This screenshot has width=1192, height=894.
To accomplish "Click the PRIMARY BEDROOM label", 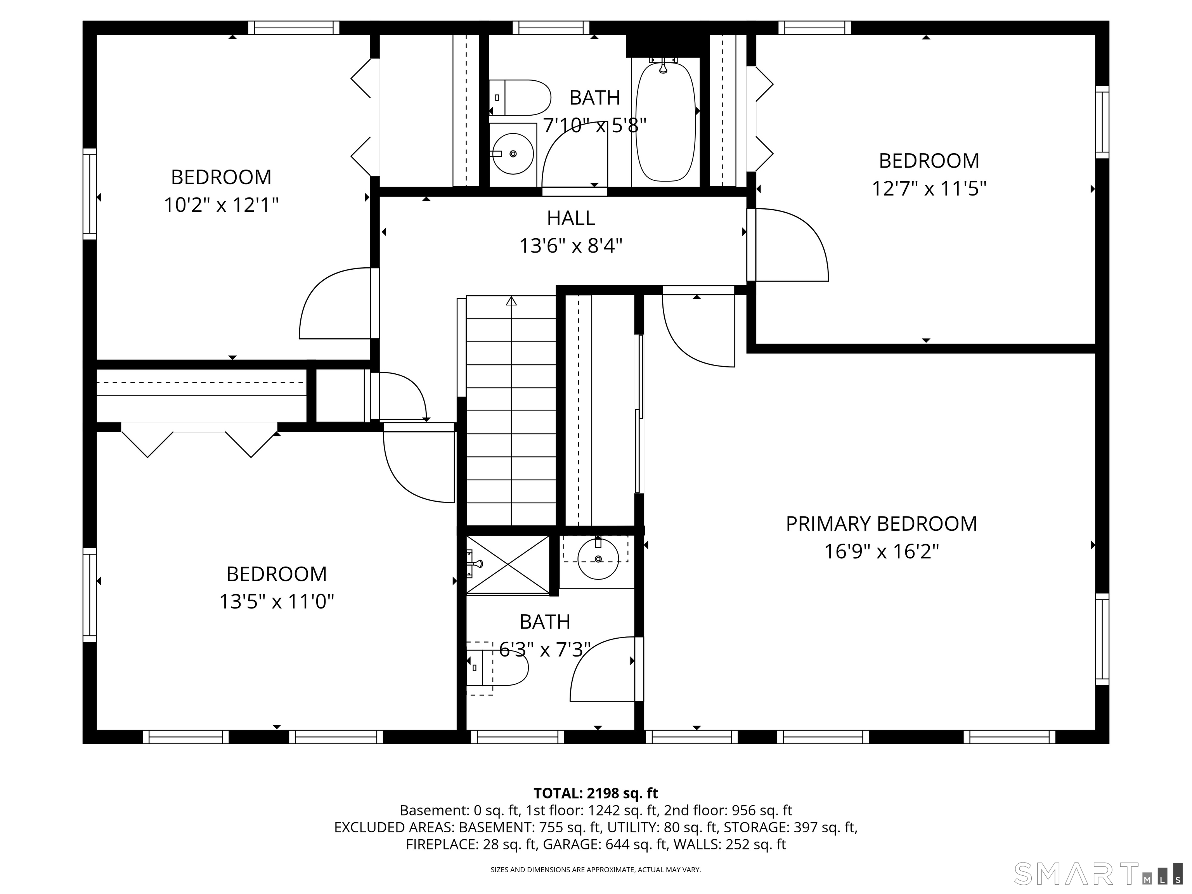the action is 881,524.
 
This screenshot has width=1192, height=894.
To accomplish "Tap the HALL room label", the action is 571,218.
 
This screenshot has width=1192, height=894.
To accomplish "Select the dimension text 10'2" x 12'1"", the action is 221,205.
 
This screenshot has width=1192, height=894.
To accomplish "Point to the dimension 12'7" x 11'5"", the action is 929,189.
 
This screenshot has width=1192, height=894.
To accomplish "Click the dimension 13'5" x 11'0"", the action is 276,601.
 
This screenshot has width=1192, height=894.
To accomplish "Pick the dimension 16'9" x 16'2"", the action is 882,552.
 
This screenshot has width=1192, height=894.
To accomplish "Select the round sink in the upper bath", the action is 513,154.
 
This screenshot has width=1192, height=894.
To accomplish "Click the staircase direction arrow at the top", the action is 511,301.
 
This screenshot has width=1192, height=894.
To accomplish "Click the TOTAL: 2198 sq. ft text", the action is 596,793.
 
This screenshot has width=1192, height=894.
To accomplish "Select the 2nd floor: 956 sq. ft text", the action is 728,811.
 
